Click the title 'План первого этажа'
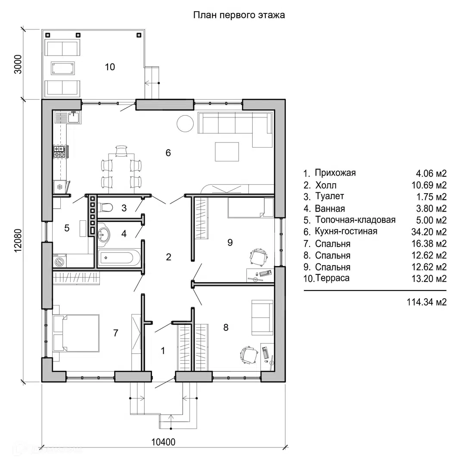tap(239, 15)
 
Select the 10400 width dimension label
tap(164, 442)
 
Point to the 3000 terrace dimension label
tap(18, 64)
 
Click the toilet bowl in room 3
tap(106, 208)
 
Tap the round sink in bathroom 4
tap(104, 235)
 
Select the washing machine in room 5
tap(59, 261)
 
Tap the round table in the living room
tap(186, 124)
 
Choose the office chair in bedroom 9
tap(258, 257)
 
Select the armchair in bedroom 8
tap(261, 317)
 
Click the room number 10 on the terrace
tap(110, 67)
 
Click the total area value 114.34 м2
tap(426, 302)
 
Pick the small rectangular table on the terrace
tap(63, 68)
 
